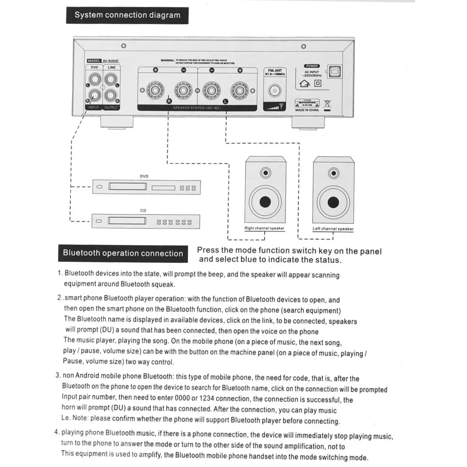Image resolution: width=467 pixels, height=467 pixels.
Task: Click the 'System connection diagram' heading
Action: (127, 16)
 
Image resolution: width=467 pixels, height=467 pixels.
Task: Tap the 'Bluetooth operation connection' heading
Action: (123, 253)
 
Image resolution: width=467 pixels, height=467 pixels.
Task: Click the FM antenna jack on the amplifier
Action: (275, 91)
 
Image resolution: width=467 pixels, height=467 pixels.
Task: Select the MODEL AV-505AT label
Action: (103, 61)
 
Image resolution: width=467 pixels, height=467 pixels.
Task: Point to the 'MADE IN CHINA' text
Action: (307, 110)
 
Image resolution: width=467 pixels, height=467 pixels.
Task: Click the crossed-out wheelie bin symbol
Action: (327, 104)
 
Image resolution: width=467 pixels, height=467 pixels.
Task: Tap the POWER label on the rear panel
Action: (312, 66)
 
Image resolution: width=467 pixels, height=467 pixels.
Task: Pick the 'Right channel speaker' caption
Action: (264, 228)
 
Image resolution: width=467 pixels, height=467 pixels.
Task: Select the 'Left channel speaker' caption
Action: (333, 229)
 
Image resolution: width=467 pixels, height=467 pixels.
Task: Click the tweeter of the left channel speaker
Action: (334, 173)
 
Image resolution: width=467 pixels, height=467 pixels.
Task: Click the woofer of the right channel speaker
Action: (265, 202)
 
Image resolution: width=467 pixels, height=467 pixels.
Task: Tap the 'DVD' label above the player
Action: (144, 176)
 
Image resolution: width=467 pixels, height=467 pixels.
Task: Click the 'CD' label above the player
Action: (143, 211)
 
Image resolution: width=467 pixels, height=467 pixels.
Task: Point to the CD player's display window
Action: (127, 221)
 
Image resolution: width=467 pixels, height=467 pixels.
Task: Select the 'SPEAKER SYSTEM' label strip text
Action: (197, 108)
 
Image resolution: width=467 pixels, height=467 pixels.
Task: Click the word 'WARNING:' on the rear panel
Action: (167, 60)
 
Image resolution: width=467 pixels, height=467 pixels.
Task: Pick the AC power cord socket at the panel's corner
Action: (335, 72)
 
